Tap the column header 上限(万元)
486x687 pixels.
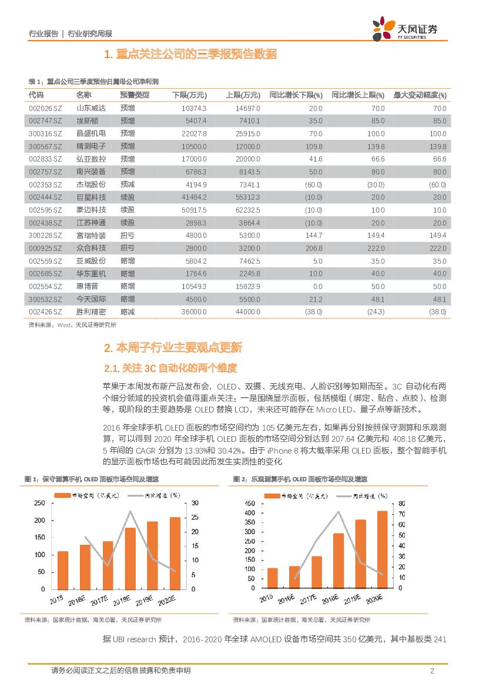pos(243,95)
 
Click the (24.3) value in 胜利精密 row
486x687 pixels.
pos(374,311)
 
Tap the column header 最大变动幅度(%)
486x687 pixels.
pos(420,95)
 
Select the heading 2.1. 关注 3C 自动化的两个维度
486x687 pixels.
pos(170,368)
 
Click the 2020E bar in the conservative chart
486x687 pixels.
pos(175,552)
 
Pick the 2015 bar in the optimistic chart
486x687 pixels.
pos(272,578)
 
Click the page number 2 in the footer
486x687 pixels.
pos(432,671)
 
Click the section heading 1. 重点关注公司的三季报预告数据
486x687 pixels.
pos(190,55)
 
